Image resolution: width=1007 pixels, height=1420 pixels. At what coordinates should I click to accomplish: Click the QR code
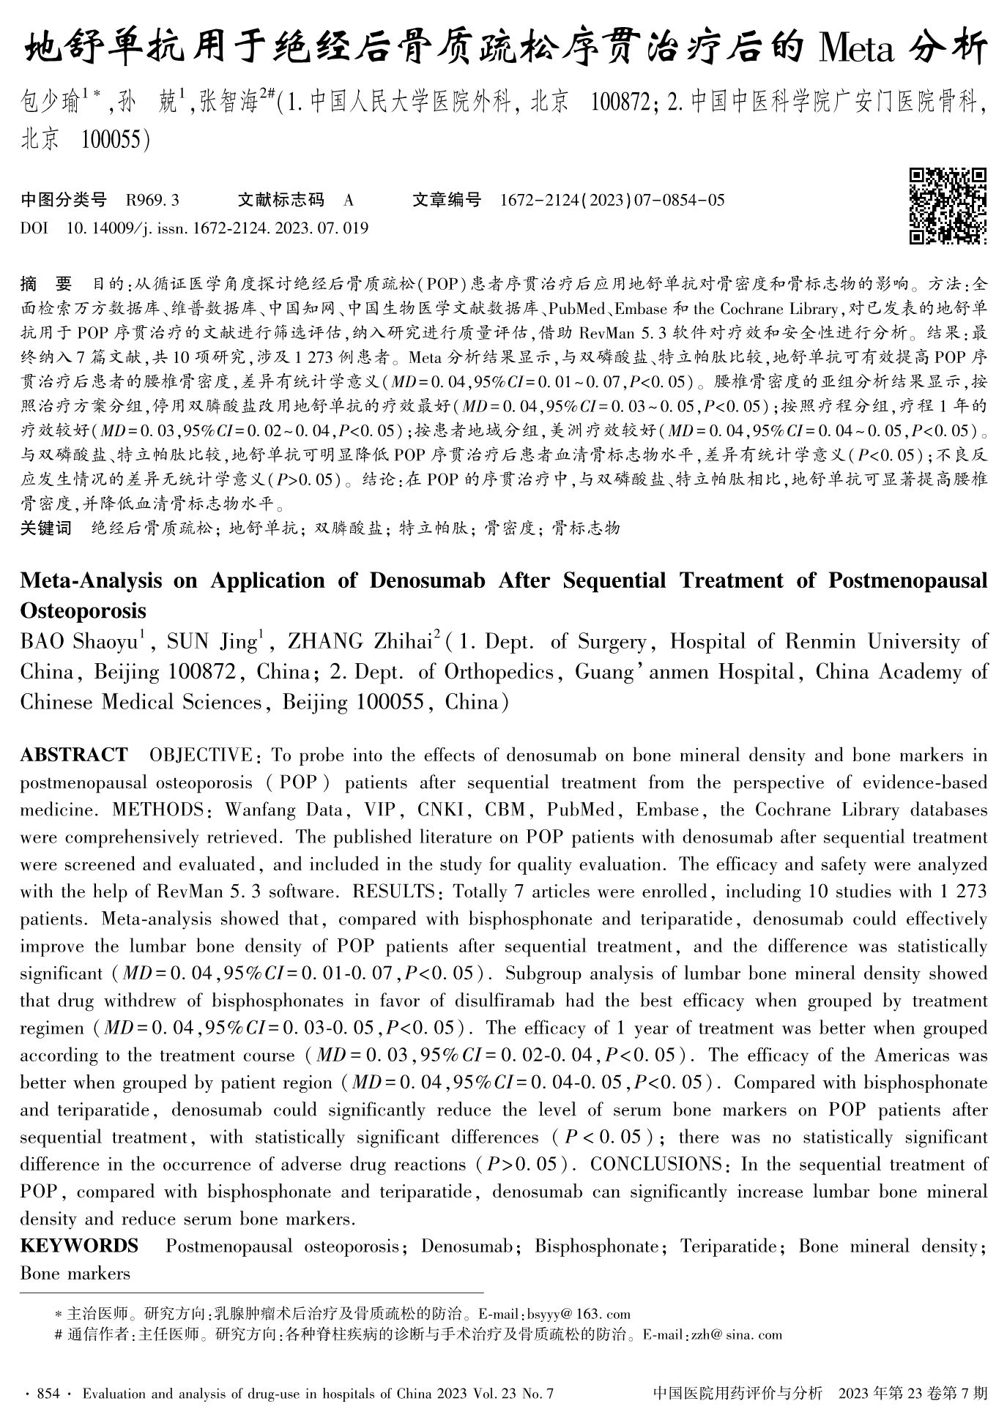(x=948, y=206)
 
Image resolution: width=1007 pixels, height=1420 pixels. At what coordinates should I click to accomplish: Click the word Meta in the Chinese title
(x=853, y=49)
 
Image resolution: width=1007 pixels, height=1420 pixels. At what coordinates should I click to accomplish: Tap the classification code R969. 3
(x=152, y=200)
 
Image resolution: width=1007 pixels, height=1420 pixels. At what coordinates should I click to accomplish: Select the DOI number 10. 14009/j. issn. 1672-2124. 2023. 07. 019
(x=218, y=228)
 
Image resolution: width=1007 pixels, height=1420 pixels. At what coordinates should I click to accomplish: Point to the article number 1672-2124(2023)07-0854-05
(x=612, y=200)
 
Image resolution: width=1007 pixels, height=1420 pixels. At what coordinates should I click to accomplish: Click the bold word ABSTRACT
(x=73, y=755)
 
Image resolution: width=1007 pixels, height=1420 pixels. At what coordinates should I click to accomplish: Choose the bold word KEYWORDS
(x=79, y=1246)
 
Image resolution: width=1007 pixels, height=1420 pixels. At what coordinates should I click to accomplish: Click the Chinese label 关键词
(x=45, y=528)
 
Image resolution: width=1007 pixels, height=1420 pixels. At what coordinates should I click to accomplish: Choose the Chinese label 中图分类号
(x=64, y=200)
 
